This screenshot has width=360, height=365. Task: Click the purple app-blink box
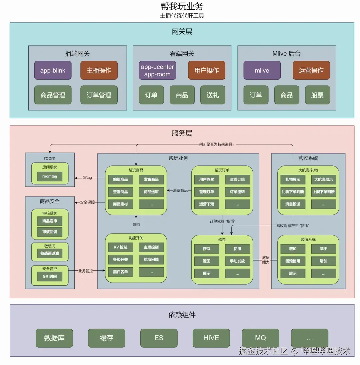coord(53,70)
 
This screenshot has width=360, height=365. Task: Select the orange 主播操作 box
coord(99,70)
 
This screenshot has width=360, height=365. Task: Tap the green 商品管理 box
coord(53,95)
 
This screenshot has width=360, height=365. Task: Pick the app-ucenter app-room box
coord(157,70)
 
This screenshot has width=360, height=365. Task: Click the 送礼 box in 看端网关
coord(213,95)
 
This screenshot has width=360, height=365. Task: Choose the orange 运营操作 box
coord(311,70)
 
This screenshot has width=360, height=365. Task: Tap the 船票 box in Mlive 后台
coord(317,95)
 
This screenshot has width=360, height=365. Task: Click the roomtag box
coord(50,176)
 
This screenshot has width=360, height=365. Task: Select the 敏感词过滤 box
coord(50,253)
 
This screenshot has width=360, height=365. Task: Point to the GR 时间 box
coord(50,276)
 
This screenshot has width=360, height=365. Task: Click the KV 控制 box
coord(121,247)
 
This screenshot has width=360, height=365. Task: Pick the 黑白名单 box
coord(121,272)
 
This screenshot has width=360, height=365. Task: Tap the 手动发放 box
coord(237,261)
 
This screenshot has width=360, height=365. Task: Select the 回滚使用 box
coord(293,261)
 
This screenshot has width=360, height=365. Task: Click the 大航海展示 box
coord(324,179)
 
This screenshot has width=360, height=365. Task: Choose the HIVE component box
coord(211,338)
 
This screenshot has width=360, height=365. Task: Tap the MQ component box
coord(260,338)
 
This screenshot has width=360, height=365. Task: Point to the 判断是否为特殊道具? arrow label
coord(217,144)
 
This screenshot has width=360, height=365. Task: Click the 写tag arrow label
coord(87,178)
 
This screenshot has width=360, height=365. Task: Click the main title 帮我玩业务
coord(182,6)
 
